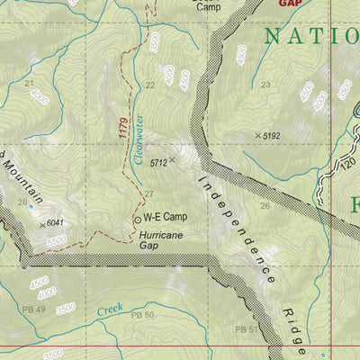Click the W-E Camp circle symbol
point(138,219)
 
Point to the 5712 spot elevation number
point(159,163)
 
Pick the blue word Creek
point(111,310)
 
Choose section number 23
point(265,85)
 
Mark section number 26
point(265,206)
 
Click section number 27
point(149,194)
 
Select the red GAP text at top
point(289,4)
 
